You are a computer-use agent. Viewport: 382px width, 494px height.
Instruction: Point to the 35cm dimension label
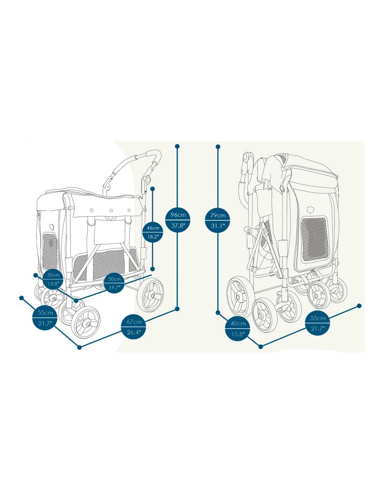(53, 275)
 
